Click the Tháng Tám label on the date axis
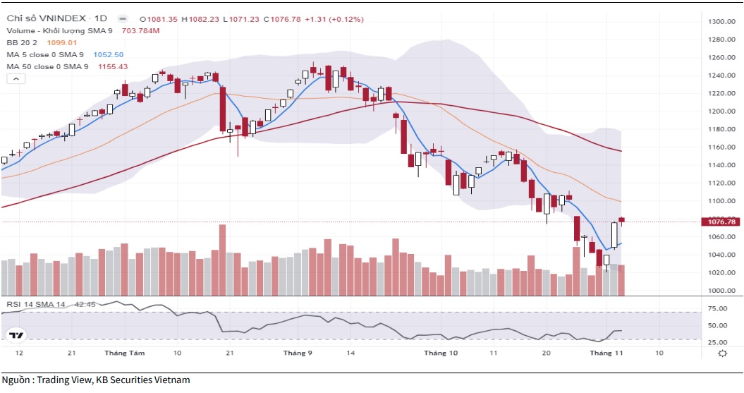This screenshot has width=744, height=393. pos(120,352)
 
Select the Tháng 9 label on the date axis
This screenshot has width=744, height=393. pos(298,352)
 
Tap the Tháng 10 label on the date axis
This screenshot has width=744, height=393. pos(441,352)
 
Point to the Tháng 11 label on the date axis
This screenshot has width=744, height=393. pos(606,352)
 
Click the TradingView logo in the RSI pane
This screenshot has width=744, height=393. pos(15,335)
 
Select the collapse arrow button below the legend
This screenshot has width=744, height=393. pos(13,80)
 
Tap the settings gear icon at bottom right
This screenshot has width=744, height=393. pos(721,353)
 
